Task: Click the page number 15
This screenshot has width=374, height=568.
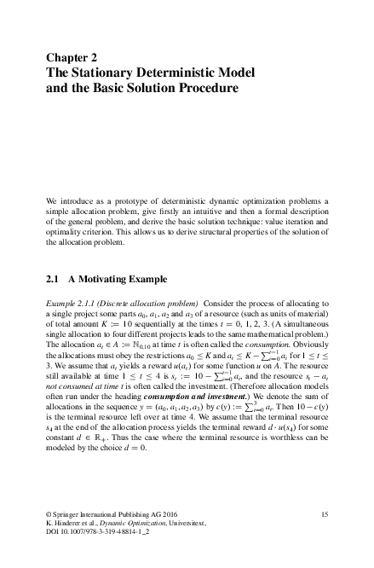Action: point(324,513)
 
